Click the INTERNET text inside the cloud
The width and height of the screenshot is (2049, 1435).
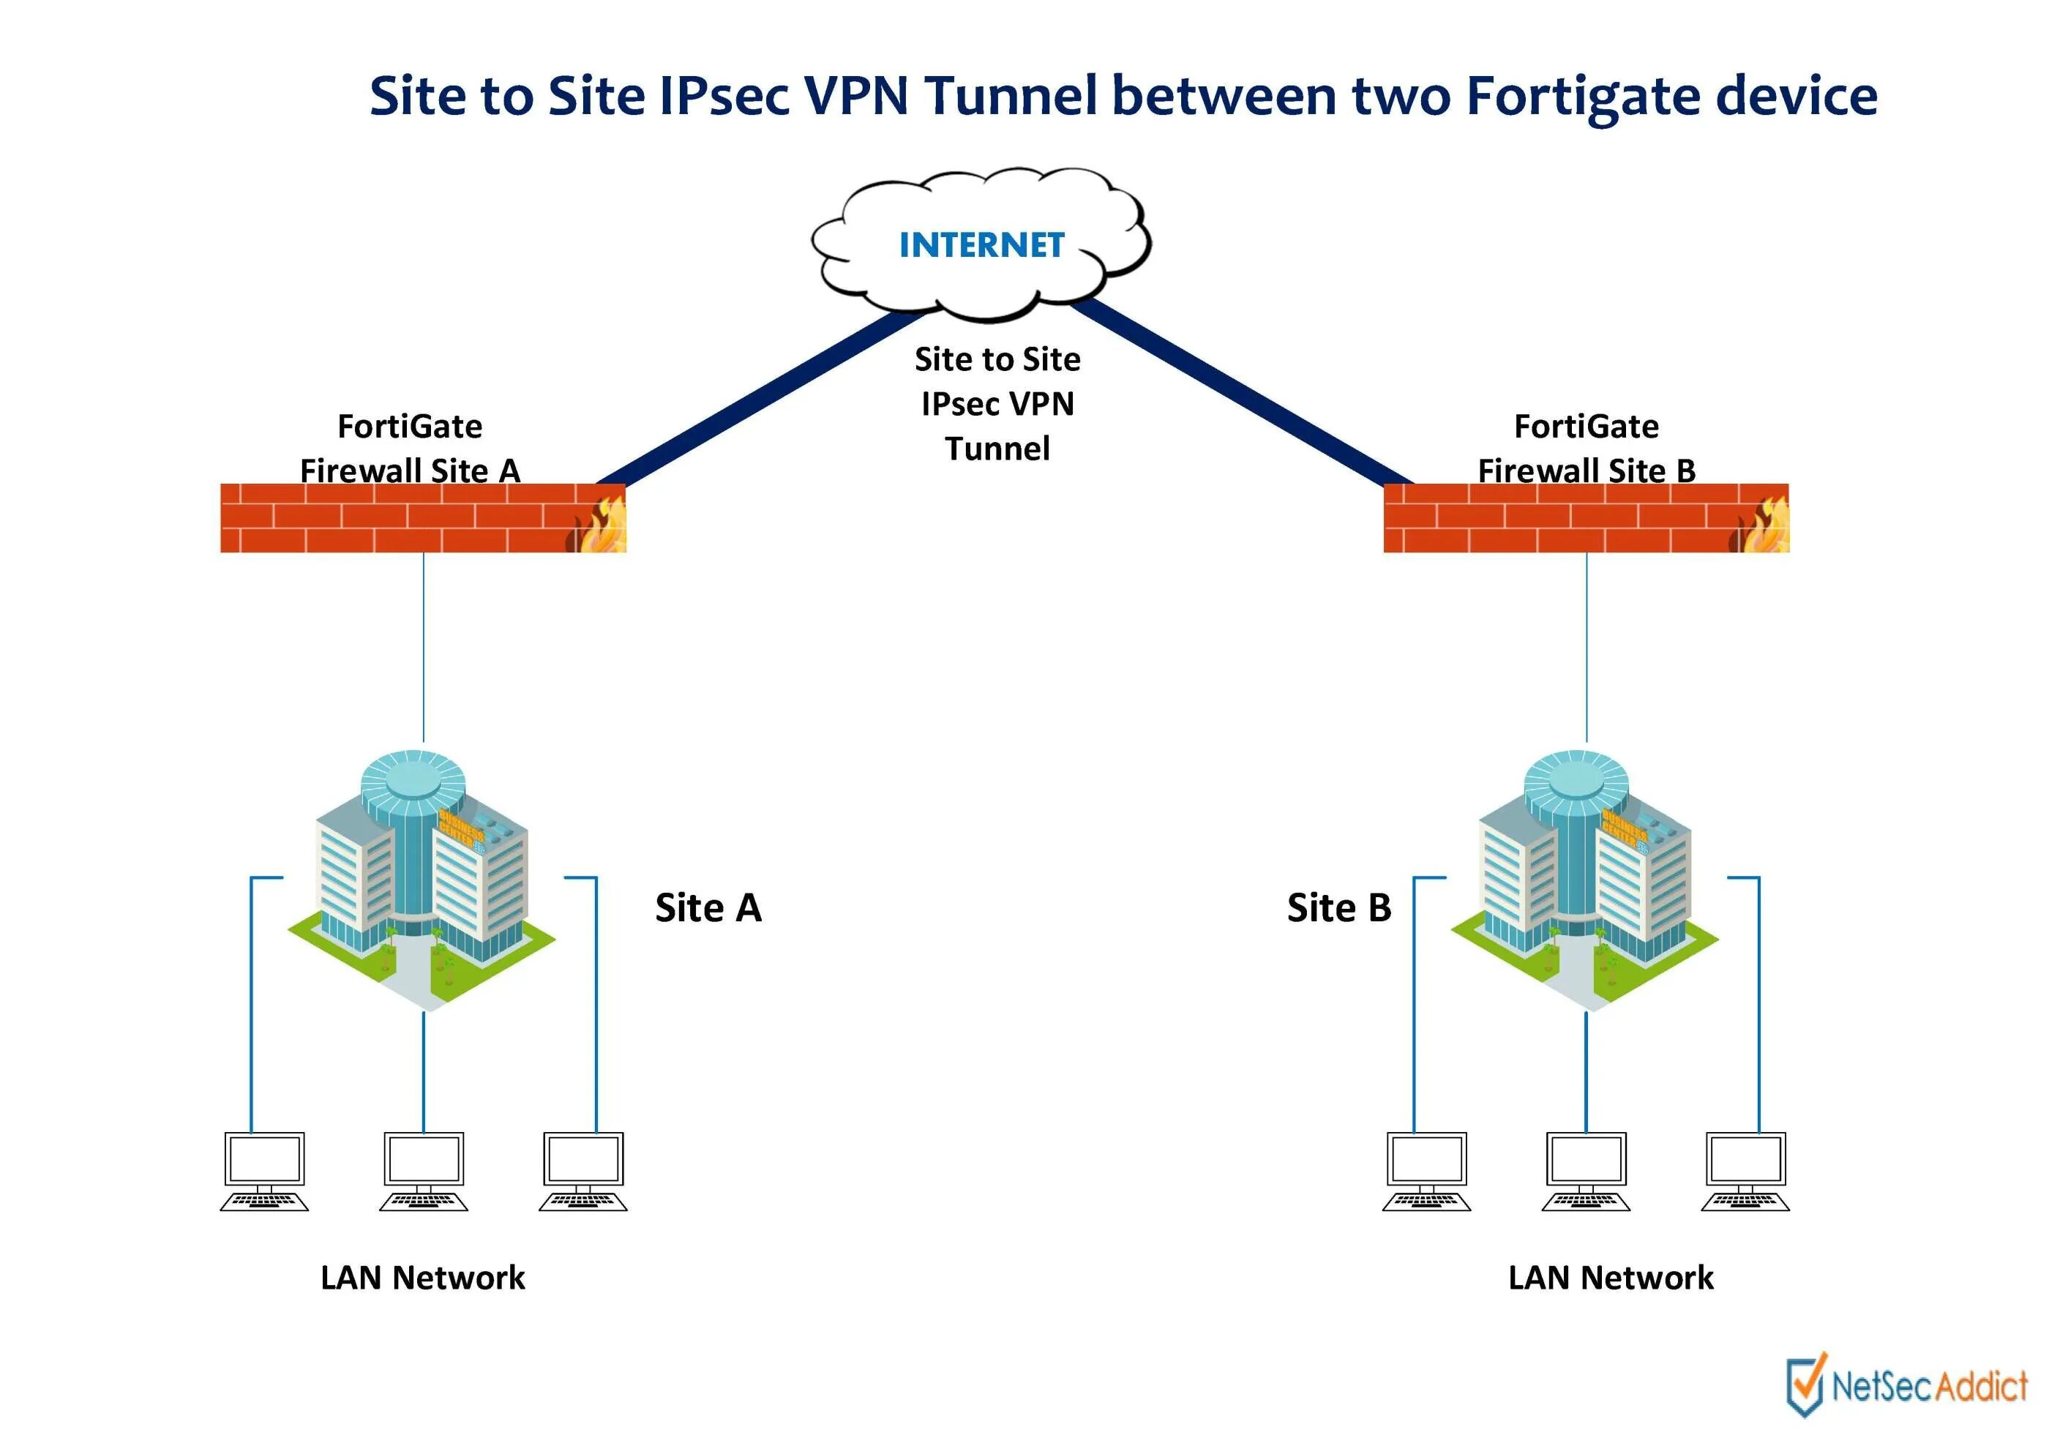pyautogui.click(x=981, y=244)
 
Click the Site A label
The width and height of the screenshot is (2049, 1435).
pyautogui.click(x=708, y=907)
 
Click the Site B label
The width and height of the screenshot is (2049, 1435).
pyautogui.click(x=1338, y=907)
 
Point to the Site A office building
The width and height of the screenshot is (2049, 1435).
pyautogui.click(x=422, y=879)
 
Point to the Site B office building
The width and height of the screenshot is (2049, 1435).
pyautogui.click(x=1584, y=879)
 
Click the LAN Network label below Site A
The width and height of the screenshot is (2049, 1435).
pyautogui.click(x=422, y=1277)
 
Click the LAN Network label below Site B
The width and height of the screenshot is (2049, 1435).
pyautogui.click(x=1610, y=1277)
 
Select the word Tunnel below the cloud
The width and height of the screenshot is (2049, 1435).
pyautogui.click(x=997, y=448)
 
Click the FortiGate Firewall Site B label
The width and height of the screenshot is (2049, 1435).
pyautogui.click(x=1586, y=448)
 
